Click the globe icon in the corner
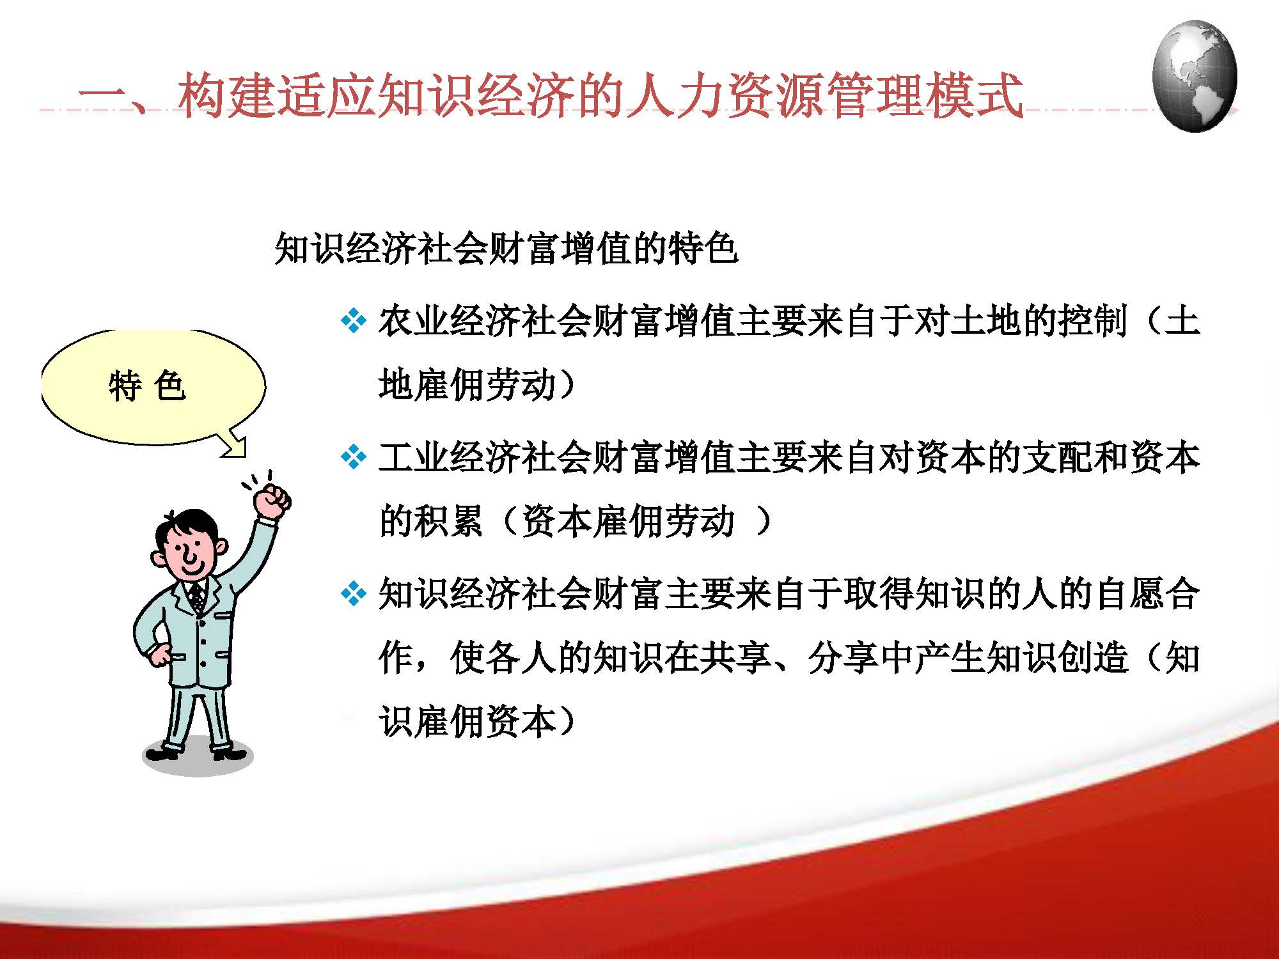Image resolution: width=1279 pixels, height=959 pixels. [x=1194, y=75]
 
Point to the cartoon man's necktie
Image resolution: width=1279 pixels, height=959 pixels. [x=198, y=598]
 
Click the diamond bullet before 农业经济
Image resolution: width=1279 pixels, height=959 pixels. [x=354, y=321]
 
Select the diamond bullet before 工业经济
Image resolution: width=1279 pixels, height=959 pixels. [x=354, y=457]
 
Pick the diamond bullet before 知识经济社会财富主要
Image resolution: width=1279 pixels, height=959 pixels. [x=354, y=594]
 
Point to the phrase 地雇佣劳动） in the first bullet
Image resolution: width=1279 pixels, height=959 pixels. [x=476, y=385]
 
